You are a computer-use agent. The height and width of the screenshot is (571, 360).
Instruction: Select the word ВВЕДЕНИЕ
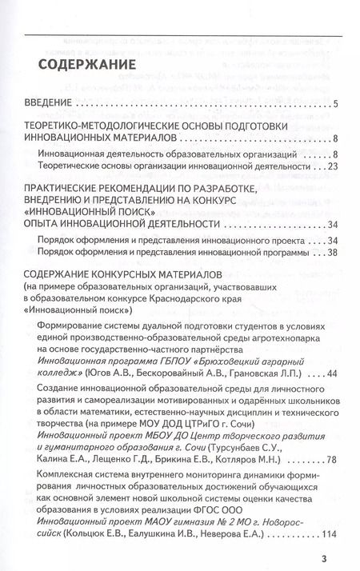pyautogui.click(x=50, y=102)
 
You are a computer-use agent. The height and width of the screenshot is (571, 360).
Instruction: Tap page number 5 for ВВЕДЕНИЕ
pyautogui.click(x=336, y=103)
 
